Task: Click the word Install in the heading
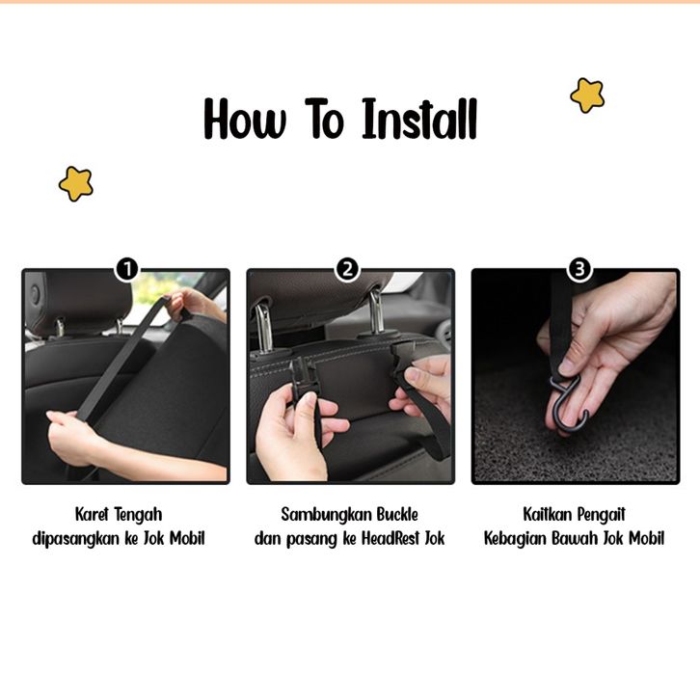419,120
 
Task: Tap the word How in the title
245,120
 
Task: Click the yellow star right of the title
587,95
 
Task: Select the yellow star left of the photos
76,183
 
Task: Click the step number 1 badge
127,269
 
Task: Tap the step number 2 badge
347,269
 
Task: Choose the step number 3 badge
579,269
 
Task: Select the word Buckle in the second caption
397,514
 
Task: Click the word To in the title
325,120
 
